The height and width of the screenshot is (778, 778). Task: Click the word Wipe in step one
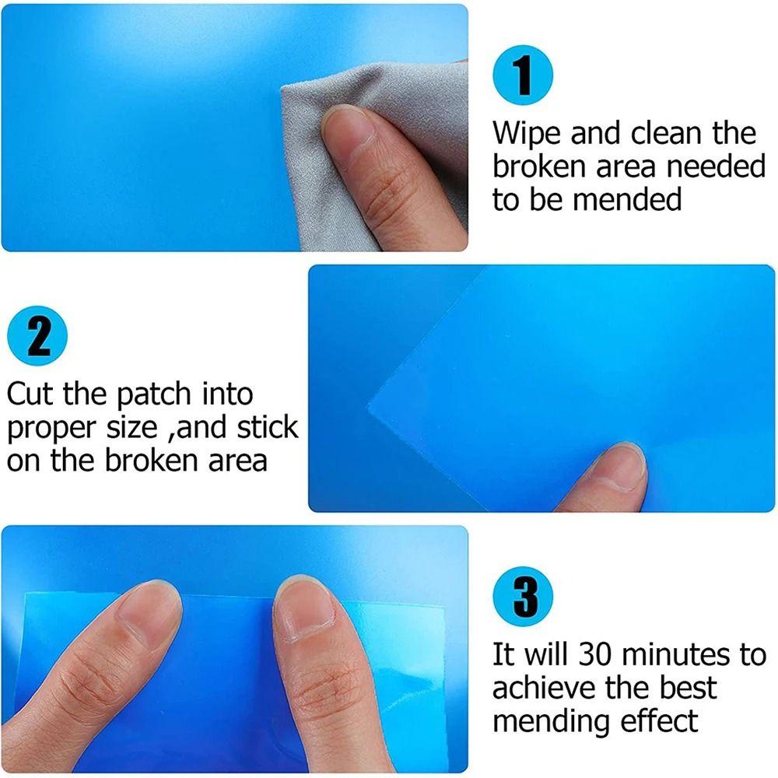pyautogui.click(x=527, y=134)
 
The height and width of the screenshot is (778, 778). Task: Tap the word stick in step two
pyautogui.click(x=266, y=427)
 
